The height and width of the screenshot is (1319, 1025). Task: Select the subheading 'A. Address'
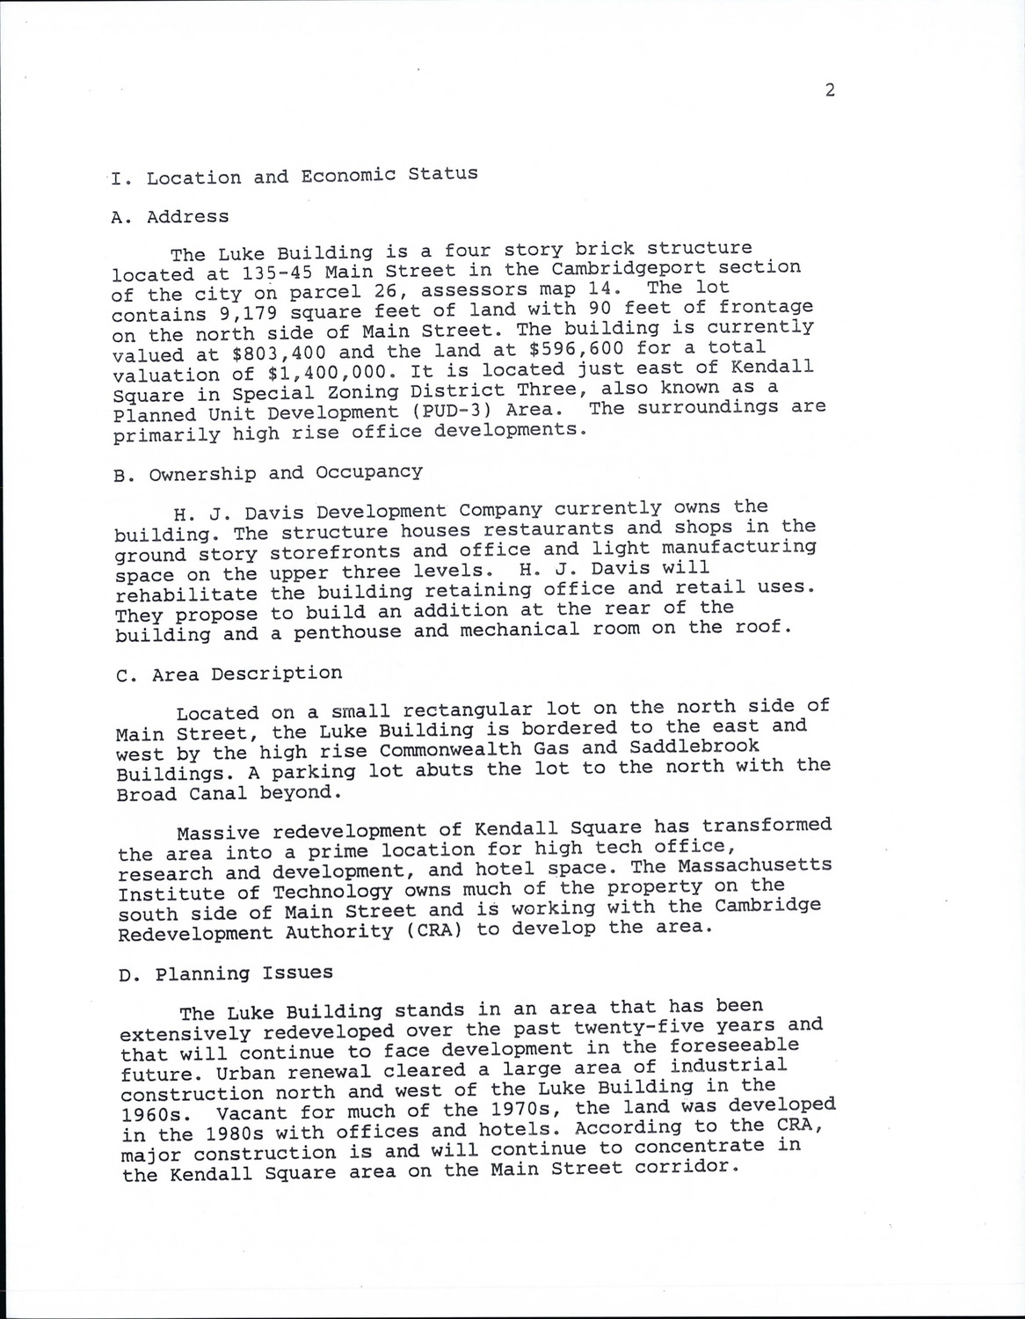point(171,217)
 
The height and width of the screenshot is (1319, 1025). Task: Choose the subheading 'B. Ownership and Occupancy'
point(268,473)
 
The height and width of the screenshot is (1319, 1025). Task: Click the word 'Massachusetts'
point(756,866)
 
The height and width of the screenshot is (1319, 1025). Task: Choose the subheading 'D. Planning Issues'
point(227,973)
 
